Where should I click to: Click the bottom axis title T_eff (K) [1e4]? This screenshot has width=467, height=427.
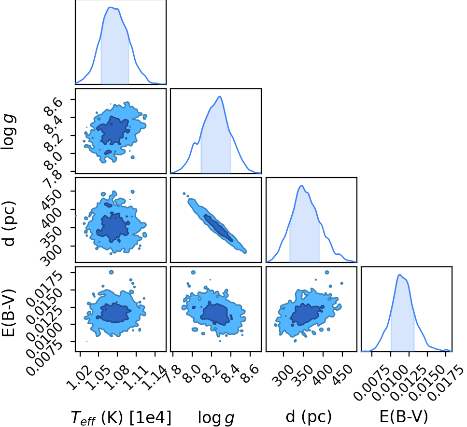point(121,417)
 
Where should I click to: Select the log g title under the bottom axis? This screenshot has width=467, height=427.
point(216,418)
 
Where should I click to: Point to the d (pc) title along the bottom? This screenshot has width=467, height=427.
point(309,416)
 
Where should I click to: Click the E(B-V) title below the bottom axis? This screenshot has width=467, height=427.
point(404,416)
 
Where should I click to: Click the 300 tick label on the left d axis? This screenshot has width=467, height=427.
point(51,254)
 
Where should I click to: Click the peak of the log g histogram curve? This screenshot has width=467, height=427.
point(220,96)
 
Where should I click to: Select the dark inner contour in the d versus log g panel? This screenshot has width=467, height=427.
point(218,228)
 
